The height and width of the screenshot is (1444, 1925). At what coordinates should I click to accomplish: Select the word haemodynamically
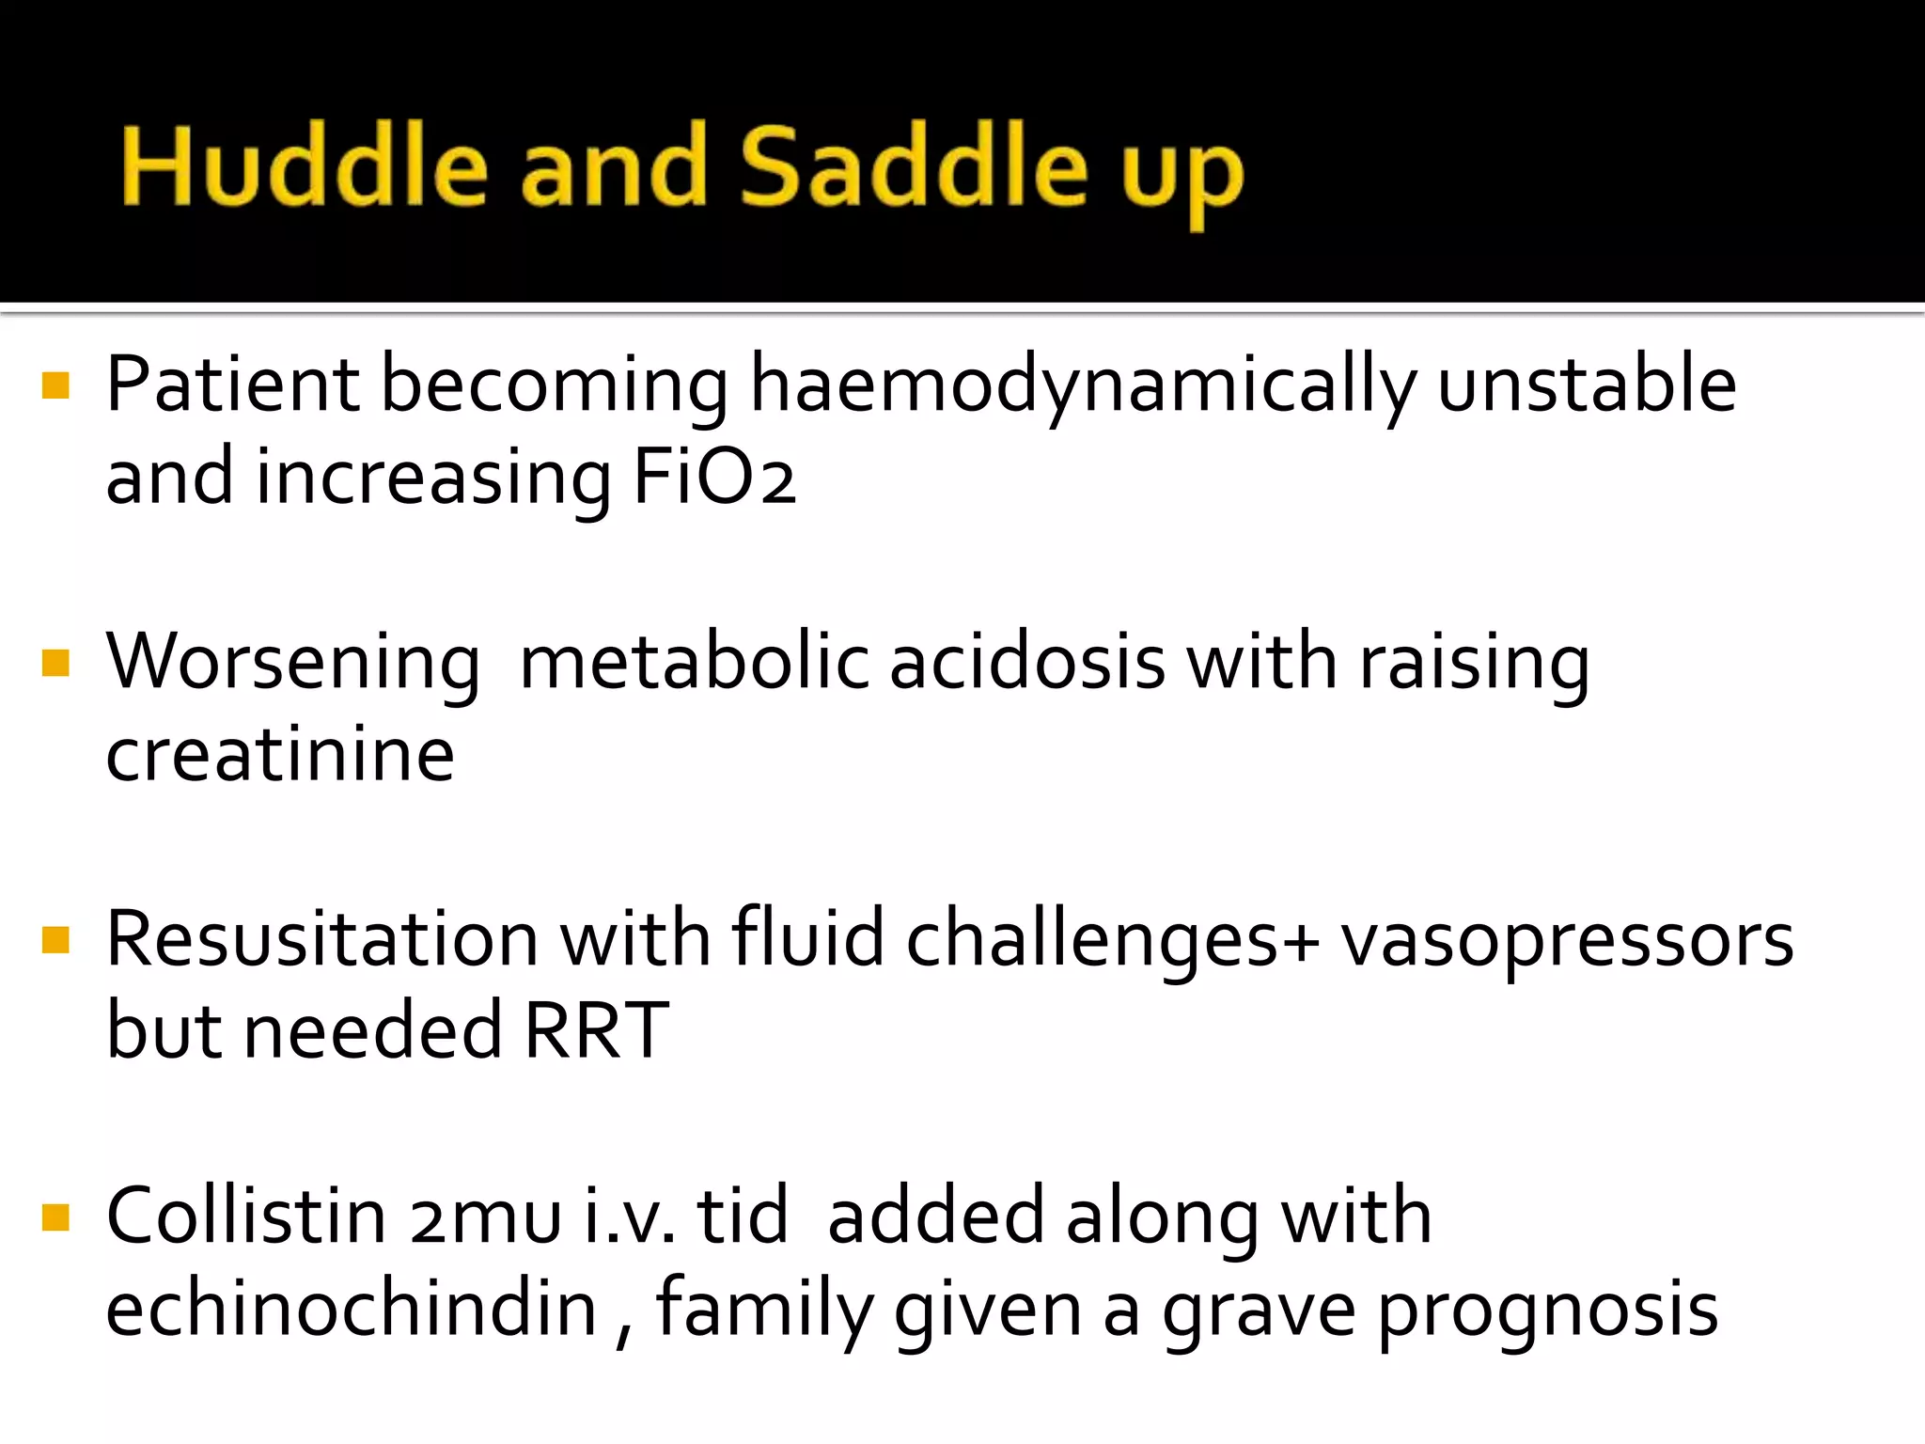point(1082,385)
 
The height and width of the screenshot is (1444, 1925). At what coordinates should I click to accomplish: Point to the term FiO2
point(714,478)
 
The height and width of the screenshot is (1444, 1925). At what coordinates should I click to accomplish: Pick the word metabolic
point(694,662)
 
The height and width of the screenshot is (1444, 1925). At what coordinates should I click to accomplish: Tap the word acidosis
point(1027,662)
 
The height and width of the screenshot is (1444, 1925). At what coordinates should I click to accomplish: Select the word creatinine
point(280,754)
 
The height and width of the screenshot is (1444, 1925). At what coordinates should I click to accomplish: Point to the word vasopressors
point(1567,940)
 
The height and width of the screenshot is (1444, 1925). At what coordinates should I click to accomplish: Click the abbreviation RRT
point(596,1030)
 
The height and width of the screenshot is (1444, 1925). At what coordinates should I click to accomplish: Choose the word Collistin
point(246,1216)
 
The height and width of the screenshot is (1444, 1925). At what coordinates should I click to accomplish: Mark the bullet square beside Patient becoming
point(56,385)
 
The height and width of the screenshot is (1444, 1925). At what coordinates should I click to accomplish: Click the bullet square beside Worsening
point(56,664)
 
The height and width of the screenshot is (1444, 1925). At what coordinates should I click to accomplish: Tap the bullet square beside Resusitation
point(56,940)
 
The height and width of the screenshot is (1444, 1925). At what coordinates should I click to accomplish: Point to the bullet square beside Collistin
point(56,1217)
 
